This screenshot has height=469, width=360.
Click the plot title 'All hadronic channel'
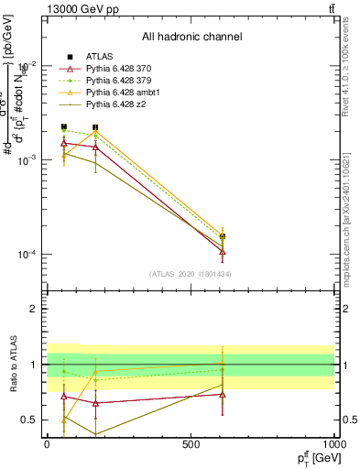(x=191, y=38)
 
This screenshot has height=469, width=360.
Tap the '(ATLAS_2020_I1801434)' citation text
(x=191, y=274)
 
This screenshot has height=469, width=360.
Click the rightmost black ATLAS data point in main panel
(x=223, y=236)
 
